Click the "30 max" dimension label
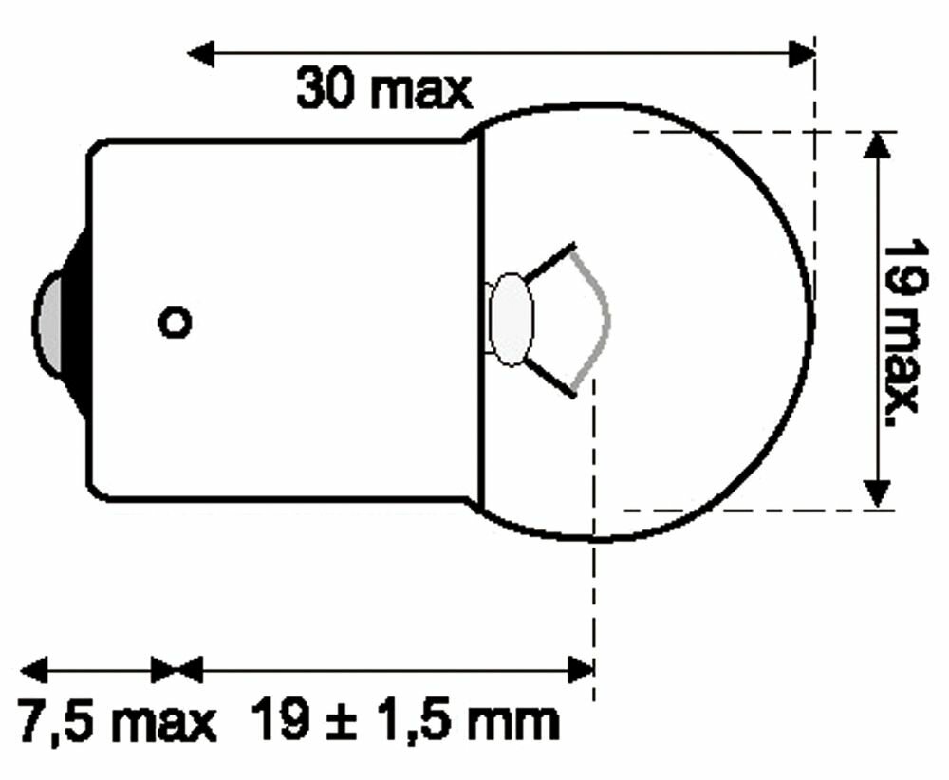(x=383, y=90)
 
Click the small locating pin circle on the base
(x=175, y=323)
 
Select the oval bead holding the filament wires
(x=512, y=319)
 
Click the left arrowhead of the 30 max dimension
(x=202, y=54)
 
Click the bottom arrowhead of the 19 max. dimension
(x=879, y=493)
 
